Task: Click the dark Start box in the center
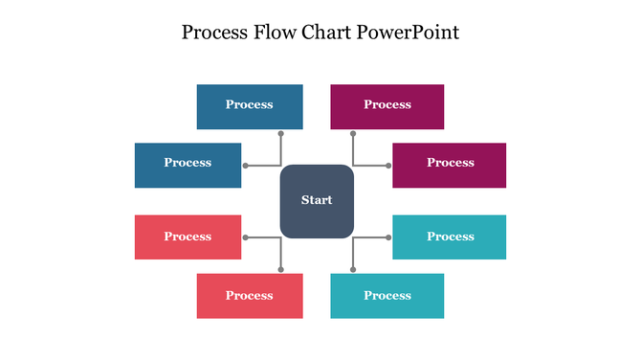(x=317, y=201)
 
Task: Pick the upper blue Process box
(x=250, y=106)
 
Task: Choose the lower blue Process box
(x=188, y=165)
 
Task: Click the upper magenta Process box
(x=387, y=106)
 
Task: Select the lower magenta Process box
(x=450, y=165)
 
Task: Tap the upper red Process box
(x=188, y=237)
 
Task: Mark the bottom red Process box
(x=250, y=296)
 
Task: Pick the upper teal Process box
(x=450, y=237)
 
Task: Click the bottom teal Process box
(x=387, y=296)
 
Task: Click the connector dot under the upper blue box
(x=281, y=134)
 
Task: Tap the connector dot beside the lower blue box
(x=246, y=166)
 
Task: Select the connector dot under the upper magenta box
(x=353, y=134)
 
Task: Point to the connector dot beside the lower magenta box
(x=388, y=166)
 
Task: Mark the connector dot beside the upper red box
(x=246, y=237)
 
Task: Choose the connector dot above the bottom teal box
(x=353, y=269)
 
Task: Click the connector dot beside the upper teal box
(x=388, y=237)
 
